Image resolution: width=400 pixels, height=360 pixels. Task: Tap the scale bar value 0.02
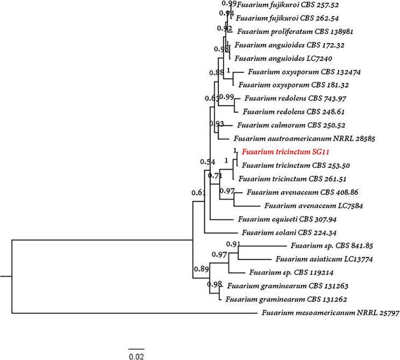[137, 356]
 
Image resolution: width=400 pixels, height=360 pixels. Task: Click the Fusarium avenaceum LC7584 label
[304, 206]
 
